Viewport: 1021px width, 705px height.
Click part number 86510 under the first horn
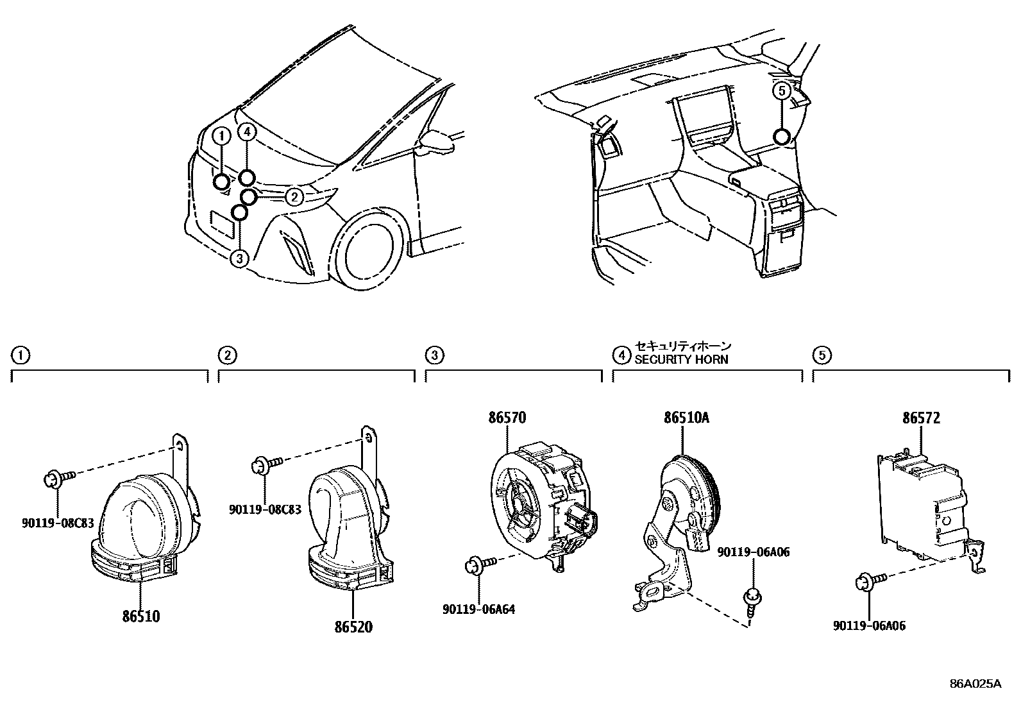coord(141,616)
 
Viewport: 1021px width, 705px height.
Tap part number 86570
coord(507,418)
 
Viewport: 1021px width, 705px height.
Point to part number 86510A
coord(686,418)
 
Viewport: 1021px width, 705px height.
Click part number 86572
coord(921,418)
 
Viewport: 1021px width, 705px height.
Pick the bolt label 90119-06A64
coord(478,609)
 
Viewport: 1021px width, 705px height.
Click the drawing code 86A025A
coord(975,683)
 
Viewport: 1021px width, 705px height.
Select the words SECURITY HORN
coord(681,359)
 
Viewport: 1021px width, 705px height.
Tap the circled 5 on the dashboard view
coord(781,91)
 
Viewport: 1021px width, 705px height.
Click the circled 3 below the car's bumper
coord(239,259)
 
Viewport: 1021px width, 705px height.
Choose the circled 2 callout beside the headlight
coord(294,196)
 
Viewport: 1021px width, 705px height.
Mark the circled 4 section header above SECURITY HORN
coord(621,354)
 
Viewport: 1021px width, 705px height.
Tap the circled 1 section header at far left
coord(21,354)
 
